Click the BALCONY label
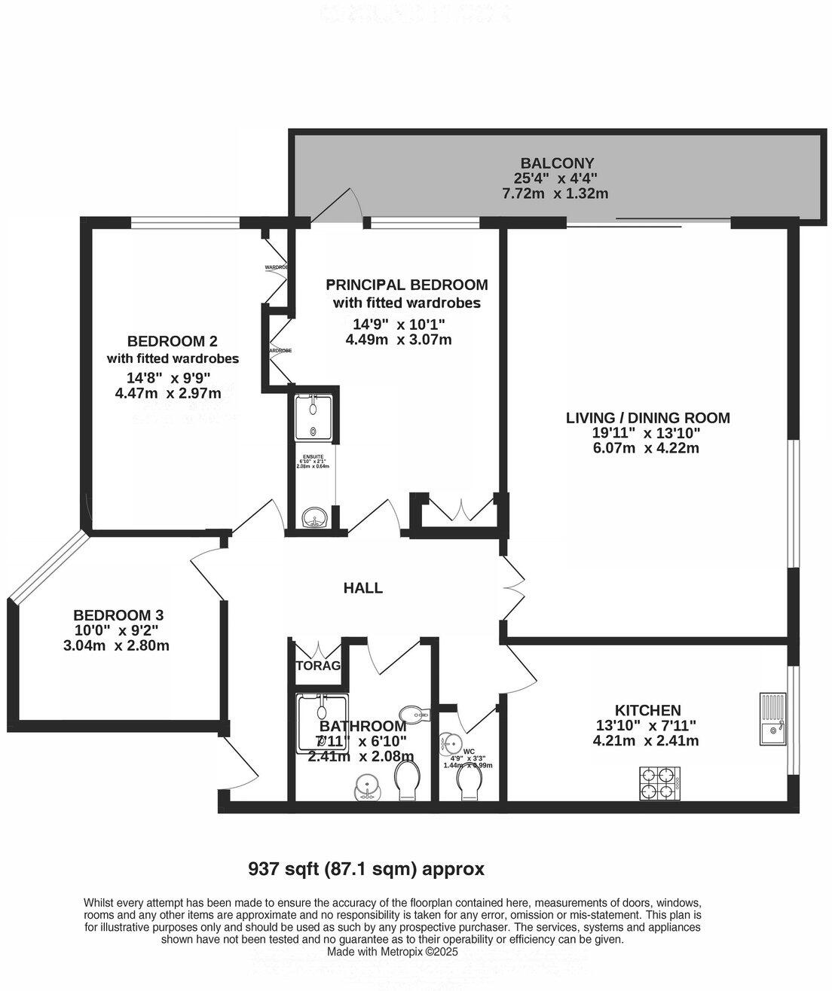(557, 163)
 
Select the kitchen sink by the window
(771, 719)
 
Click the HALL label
(363, 588)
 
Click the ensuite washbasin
(313, 518)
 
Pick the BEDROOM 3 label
(118, 615)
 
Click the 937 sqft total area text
(366, 869)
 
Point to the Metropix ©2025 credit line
(392, 951)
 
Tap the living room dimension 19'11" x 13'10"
(647, 433)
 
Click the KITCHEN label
(647, 710)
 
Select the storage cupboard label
(318, 666)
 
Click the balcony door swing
(338, 204)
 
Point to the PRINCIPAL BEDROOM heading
(406, 285)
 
